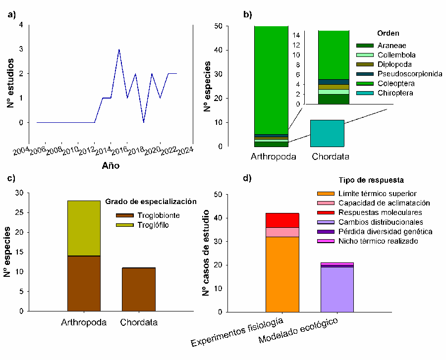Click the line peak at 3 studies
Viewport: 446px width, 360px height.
tap(119, 50)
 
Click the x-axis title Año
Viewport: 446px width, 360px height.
tap(111, 166)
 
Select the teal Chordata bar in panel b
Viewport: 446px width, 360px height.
tap(327, 133)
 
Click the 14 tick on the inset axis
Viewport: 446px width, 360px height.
tap(297, 35)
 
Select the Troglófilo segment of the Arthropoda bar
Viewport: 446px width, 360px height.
tap(84, 228)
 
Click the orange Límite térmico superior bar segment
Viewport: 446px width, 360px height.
tap(282, 274)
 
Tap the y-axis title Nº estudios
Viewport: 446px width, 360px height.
tap(10, 74)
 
